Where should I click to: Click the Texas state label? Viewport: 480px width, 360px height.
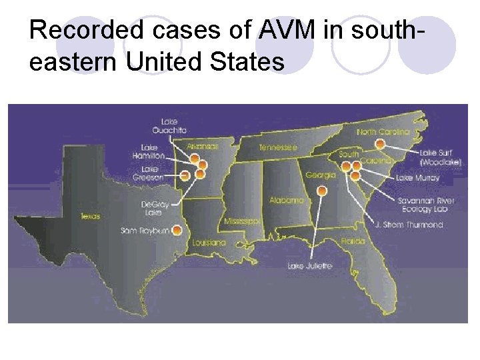coord(91,216)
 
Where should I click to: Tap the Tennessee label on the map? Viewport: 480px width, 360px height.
coord(277,147)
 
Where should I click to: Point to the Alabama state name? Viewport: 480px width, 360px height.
coord(287,200)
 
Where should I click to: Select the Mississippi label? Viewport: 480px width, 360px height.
coord(242,221)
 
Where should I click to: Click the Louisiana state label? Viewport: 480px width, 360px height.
coord(209,243)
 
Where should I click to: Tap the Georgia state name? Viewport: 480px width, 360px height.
coord(320,175)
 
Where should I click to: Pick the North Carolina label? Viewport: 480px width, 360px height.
coord(383,132)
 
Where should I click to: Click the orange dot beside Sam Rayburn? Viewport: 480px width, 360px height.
coord(177,231)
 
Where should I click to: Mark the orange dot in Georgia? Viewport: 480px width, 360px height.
coord(322,191)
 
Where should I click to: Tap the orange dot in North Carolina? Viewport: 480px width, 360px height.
coord(380,143)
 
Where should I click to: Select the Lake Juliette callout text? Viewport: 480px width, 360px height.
coord(309,266)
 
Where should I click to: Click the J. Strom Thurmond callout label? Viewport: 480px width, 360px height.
coord(409,225)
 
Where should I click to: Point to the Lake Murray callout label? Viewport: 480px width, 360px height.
coord(418,178)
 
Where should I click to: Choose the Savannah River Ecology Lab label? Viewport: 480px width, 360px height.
coord(426,205)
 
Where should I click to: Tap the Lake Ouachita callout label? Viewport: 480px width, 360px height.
coord(169,125)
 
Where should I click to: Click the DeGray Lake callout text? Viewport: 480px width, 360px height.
coord(151,207)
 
